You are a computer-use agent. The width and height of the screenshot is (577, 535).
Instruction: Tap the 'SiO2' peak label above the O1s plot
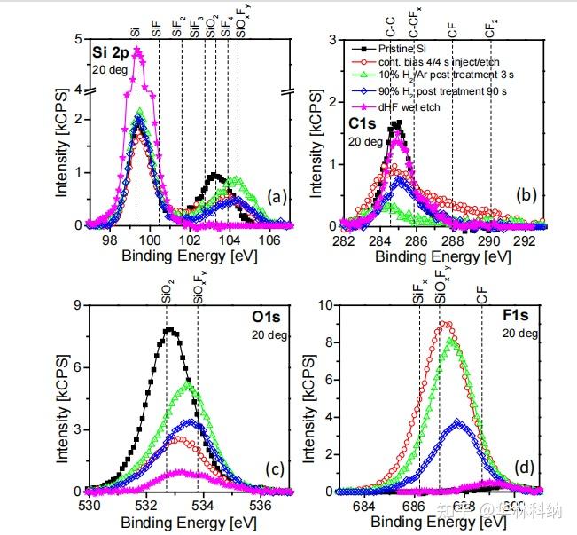(x=168, y=293)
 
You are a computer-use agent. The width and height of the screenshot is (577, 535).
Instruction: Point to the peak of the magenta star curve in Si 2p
(x=136, y=51)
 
